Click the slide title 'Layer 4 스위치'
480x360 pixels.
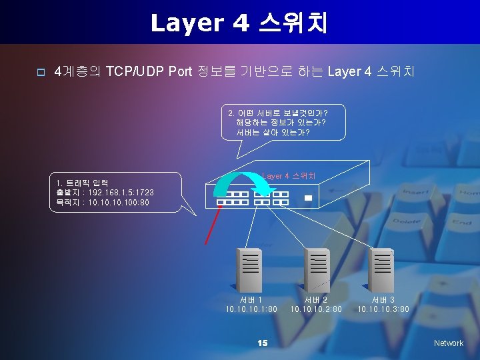point(239,23)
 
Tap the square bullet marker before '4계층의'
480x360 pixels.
point(41,72)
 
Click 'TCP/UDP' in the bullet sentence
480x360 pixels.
point(136,71)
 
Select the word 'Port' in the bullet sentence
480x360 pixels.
point(180,71)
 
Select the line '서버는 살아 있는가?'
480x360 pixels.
point(273,132)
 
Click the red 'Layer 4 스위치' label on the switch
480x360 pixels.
point(288,176)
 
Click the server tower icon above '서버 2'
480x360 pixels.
point(316,269)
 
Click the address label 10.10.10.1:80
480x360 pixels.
point(251,309)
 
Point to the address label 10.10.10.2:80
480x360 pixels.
point(316,309)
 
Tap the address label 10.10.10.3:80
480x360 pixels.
point(383,309)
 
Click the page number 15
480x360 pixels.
point(262,343)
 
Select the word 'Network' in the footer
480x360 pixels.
point(448,343)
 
